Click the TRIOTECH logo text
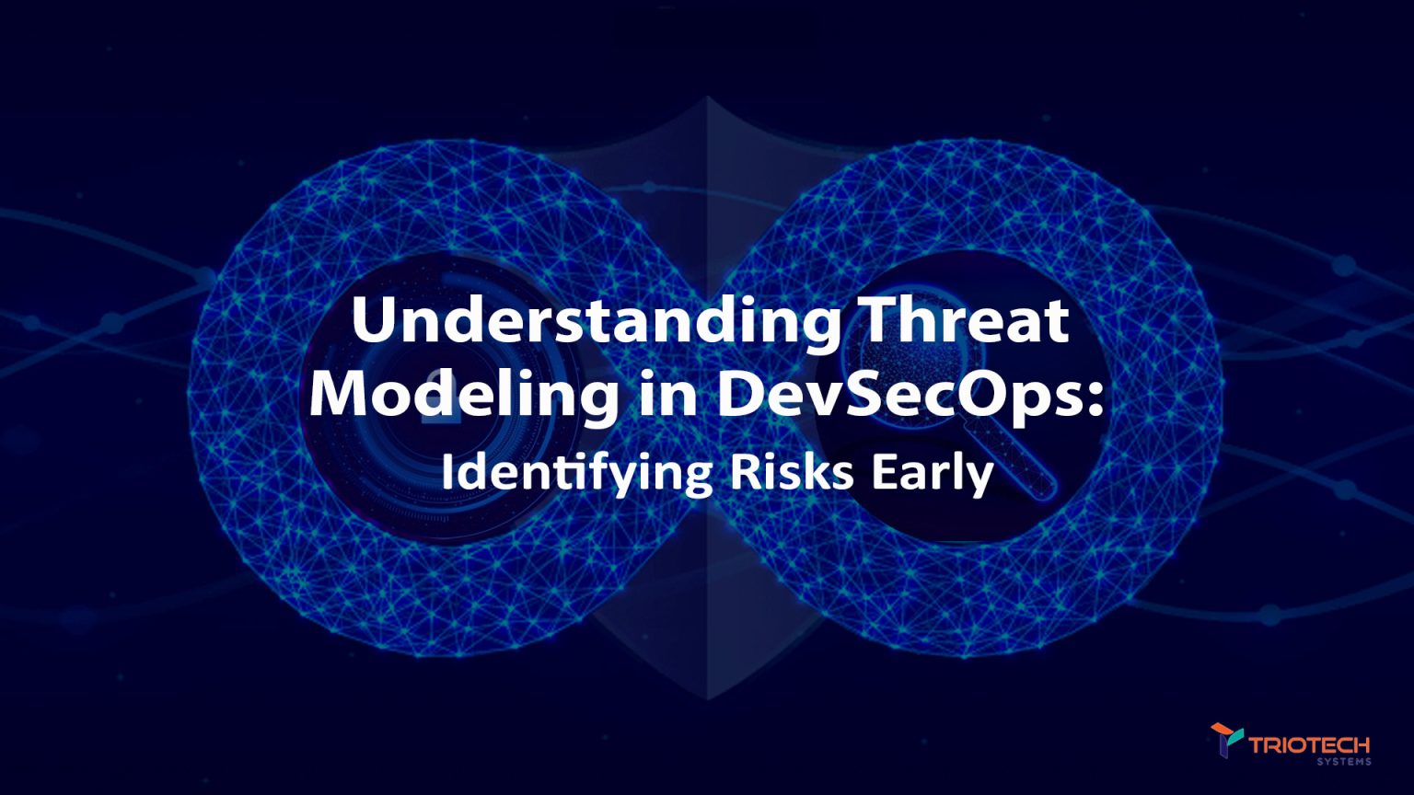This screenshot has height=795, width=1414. pos(1309,743)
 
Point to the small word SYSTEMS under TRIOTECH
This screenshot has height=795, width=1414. pos(1343,762)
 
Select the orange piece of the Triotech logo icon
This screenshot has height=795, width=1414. pos(1223,730)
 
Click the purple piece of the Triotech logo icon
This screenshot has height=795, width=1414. pos(1224,748)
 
